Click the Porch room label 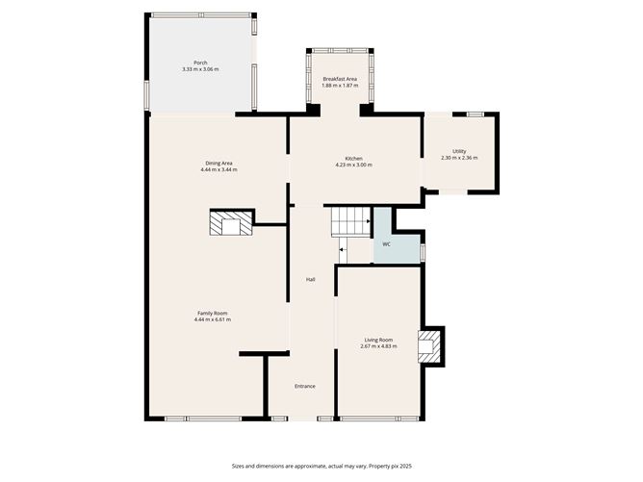200,63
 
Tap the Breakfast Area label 340,79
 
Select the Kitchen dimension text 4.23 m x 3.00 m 353,165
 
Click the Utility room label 459,151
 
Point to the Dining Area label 219,163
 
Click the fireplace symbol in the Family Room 231,223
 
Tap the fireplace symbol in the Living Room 430,346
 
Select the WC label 386,244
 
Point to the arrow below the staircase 343,250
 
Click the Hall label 311,280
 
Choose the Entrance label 305,386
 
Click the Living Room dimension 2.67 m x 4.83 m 378,346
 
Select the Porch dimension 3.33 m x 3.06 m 200,70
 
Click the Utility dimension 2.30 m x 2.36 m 459,158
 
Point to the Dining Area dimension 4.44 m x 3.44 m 219,169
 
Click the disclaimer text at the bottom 321,465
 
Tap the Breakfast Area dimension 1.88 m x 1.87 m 340,86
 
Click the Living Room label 378,340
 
